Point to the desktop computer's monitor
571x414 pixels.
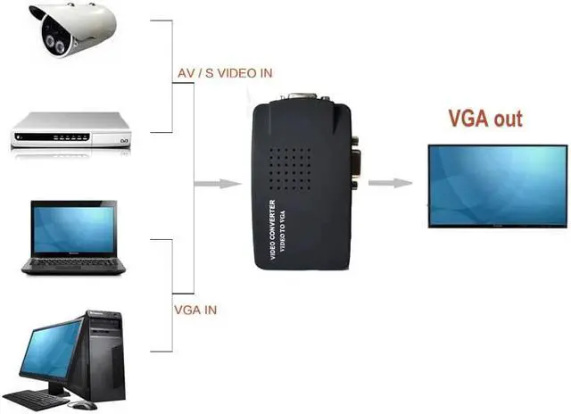[x=51, y=350]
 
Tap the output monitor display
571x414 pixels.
[x=496, y=186]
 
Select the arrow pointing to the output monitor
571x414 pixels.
[x=390, y=184]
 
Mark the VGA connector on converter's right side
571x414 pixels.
[x=354, y=161]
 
